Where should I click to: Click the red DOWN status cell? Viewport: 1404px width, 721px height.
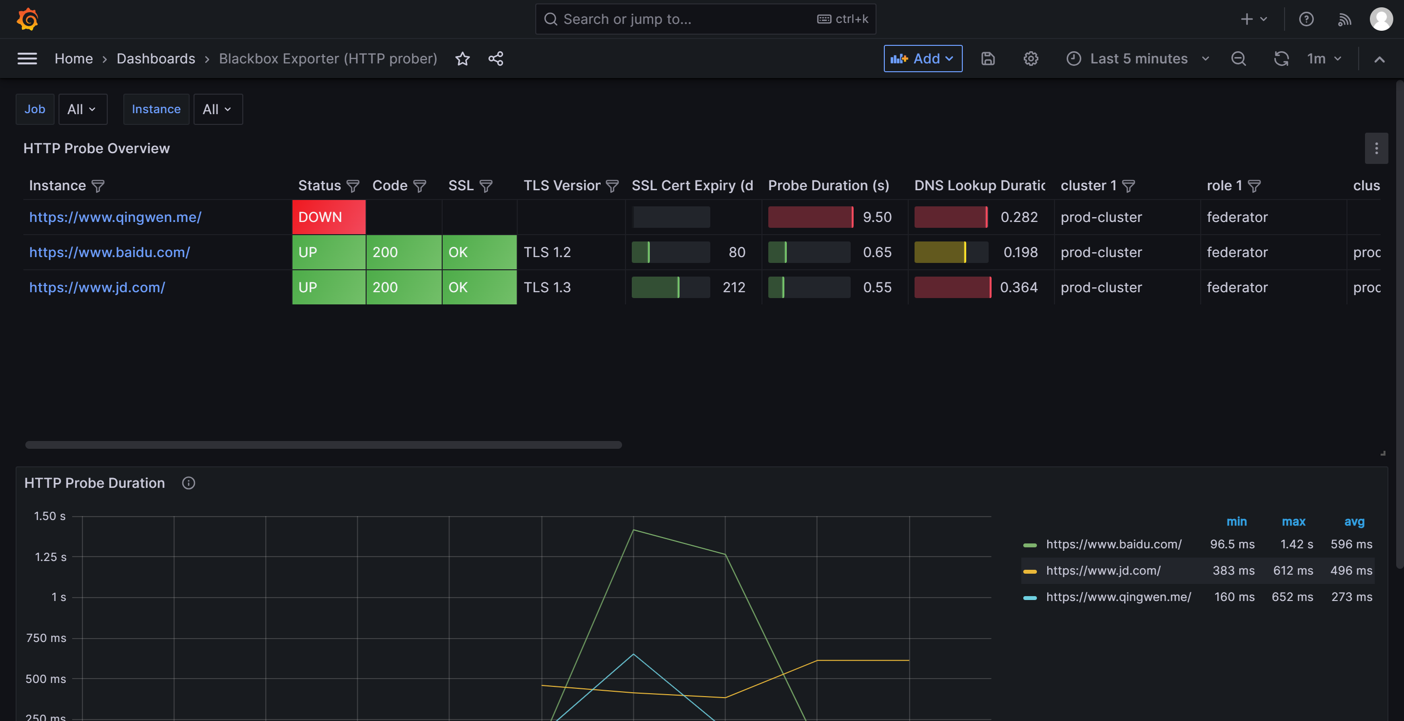[x=329, y=217]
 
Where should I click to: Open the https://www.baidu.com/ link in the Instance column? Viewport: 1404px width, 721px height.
[x=110, y=252]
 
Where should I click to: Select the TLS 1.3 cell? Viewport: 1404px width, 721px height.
[x=547, y=287]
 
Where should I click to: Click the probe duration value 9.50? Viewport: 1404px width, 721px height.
[x=877, y=217]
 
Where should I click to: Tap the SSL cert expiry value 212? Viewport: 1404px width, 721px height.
[x=734, y=287]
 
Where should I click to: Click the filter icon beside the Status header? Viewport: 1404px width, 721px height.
[x=353, y=186]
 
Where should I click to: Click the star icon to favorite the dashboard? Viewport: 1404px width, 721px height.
[x=462, y=59]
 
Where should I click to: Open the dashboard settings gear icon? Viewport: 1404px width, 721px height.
[x=1030, y=59]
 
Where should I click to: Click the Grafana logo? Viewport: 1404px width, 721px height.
[x=27, y=19]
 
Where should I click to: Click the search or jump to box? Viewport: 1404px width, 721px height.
[x=705, y=19]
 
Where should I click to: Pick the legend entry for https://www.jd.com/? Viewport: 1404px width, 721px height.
[x=1103, y=570]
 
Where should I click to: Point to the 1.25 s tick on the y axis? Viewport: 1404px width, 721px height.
[x=50, y=557]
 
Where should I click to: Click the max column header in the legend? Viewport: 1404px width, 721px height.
[x=1293, y=521]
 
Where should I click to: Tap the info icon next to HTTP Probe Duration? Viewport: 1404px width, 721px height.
[x=189, y=483]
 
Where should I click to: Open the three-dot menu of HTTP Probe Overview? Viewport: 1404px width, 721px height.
[x=1376, y=148]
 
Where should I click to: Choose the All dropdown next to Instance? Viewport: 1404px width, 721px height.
[x=218, y=109]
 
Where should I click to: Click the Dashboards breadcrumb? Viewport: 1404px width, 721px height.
[x=156, y=59]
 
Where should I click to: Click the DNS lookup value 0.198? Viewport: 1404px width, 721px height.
[x=1020, y=252]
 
